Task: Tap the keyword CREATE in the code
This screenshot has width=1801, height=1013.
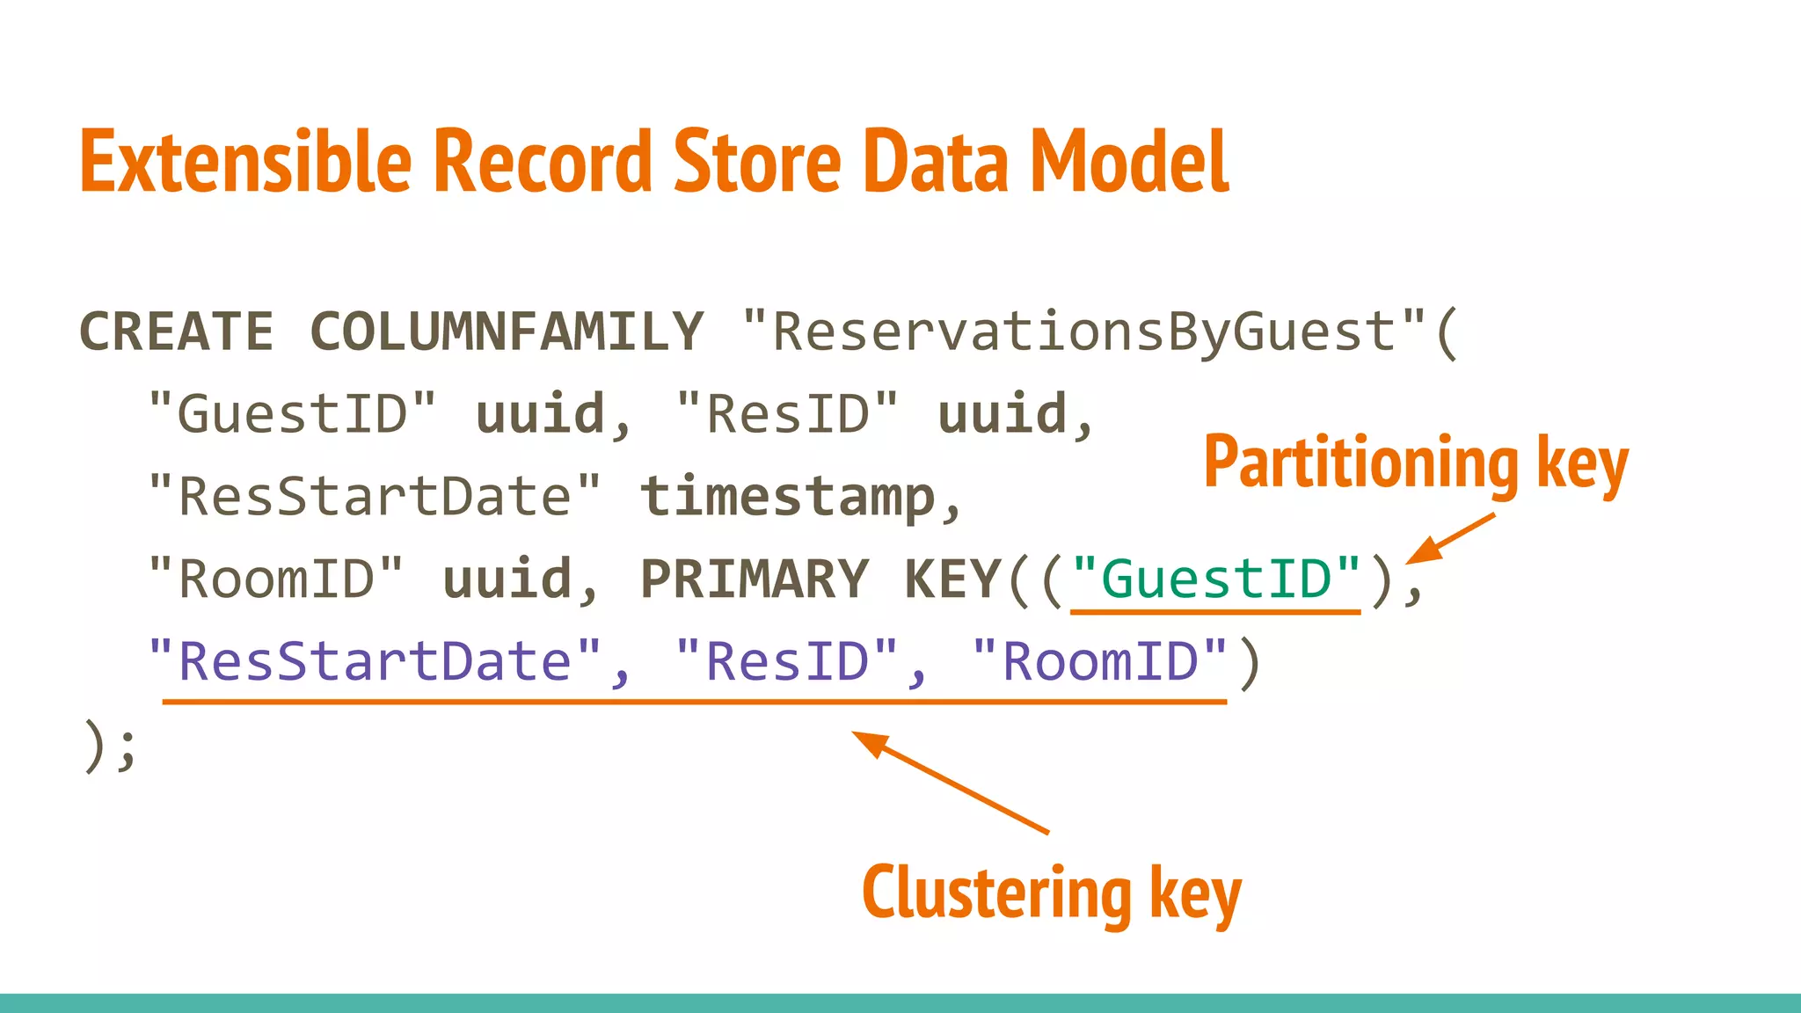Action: click(176, 332)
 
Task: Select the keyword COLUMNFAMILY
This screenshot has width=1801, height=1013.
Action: click(507, 332)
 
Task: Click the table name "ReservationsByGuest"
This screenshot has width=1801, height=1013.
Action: click(1083, 332)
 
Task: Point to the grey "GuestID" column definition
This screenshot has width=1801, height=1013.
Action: click(292, 413)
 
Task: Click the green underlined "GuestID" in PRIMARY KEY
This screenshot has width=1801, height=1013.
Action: click(1216, 579)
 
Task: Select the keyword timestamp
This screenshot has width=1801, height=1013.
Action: click(788, 496)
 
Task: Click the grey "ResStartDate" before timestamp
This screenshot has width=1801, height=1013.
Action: click(375, 496)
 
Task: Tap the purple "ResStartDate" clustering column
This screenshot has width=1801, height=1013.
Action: click(375, 661)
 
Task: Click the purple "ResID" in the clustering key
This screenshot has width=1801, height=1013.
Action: click(787, 661)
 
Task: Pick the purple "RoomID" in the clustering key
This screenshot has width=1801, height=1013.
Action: click(1100, 661)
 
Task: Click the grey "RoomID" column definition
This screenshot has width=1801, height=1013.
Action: click(276, 579)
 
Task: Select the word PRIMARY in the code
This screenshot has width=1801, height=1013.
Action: click(755, 579)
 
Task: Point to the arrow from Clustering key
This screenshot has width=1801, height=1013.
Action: click(950, 782)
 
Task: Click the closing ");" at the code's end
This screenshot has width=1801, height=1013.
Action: click(109, 746)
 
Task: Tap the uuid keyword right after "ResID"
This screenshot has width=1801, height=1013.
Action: click(1003, 413)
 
